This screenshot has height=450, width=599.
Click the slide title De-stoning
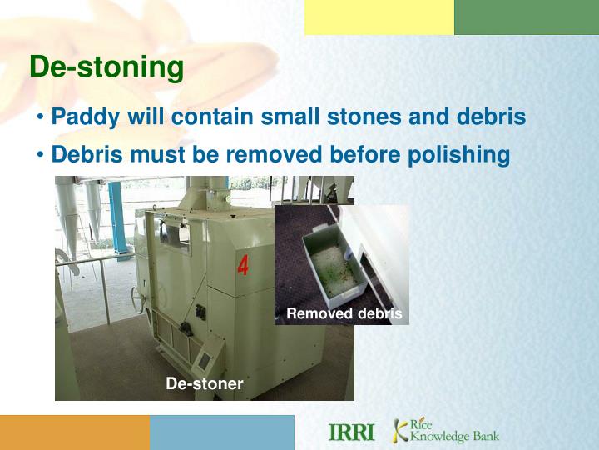106,67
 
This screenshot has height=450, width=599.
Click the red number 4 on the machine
243,266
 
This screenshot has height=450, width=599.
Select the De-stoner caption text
205,384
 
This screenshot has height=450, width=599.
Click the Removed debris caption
344,314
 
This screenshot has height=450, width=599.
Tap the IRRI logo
352,432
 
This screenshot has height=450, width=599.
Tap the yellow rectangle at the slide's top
379,17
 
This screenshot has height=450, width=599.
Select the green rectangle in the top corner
526,17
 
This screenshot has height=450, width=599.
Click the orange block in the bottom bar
75,432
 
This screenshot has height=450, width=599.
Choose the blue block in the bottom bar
222,432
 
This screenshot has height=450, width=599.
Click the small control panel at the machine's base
201,361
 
